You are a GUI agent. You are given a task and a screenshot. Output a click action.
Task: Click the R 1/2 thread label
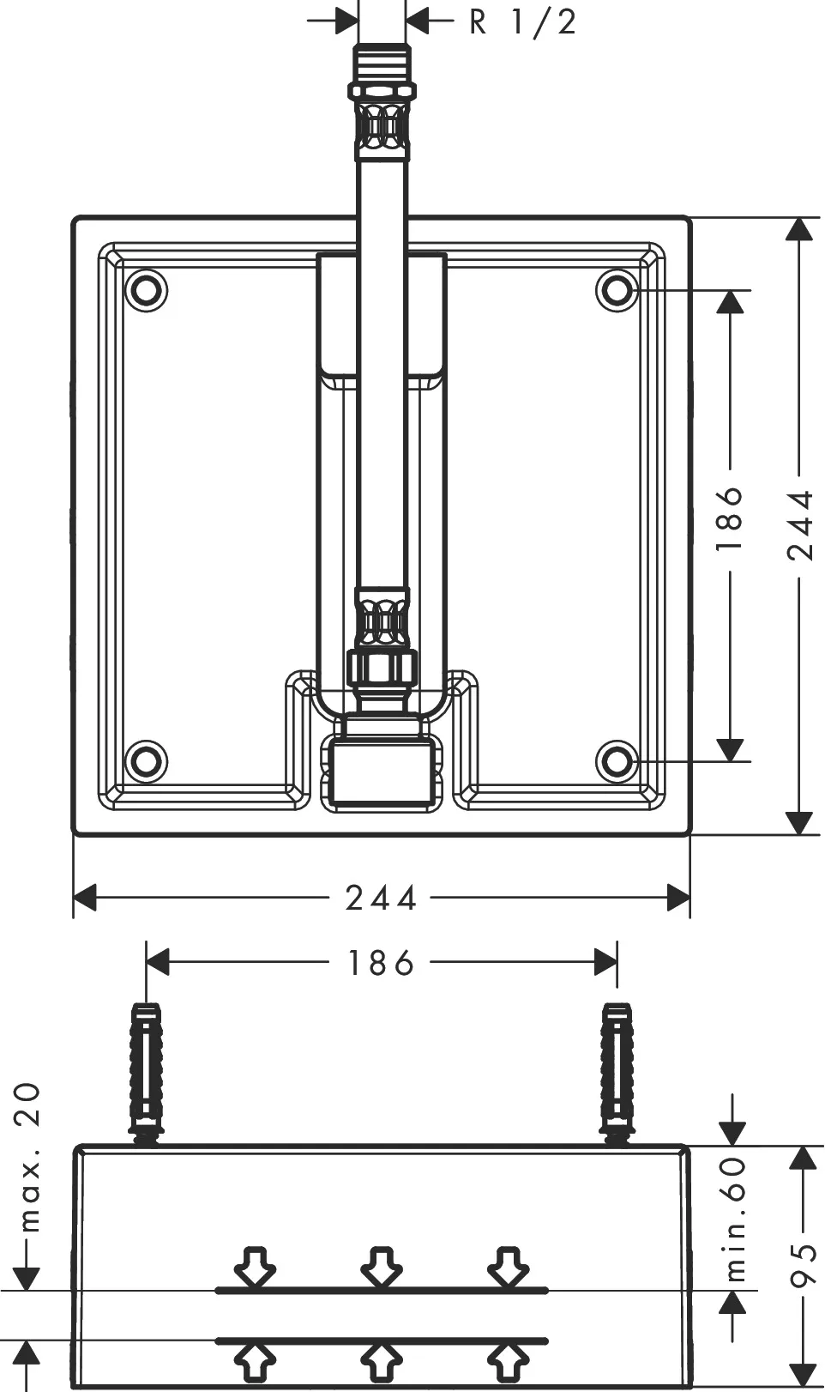click(522, 21)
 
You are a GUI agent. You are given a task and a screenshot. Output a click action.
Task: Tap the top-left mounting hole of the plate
click(146, 290)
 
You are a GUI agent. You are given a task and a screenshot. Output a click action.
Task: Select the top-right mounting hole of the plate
click(617, 290)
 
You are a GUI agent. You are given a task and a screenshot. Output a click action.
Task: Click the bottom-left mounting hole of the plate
click(146, 760)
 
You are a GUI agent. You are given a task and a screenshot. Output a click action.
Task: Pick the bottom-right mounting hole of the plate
click(617, 760)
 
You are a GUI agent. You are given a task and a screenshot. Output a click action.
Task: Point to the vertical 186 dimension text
click(730, 518)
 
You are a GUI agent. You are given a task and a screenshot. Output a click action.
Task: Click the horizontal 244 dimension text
click(381, 899)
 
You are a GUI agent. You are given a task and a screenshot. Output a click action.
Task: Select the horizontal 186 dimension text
click(381, 964)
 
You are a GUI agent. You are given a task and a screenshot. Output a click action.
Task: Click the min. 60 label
click(735, 1219)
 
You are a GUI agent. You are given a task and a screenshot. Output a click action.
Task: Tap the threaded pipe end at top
click(382, 64)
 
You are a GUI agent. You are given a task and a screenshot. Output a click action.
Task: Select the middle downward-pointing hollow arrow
click(381, 1267)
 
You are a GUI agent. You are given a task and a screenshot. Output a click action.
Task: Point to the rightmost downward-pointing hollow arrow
click(507, 1267)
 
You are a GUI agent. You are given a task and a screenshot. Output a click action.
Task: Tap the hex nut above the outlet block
click(382, 667)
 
